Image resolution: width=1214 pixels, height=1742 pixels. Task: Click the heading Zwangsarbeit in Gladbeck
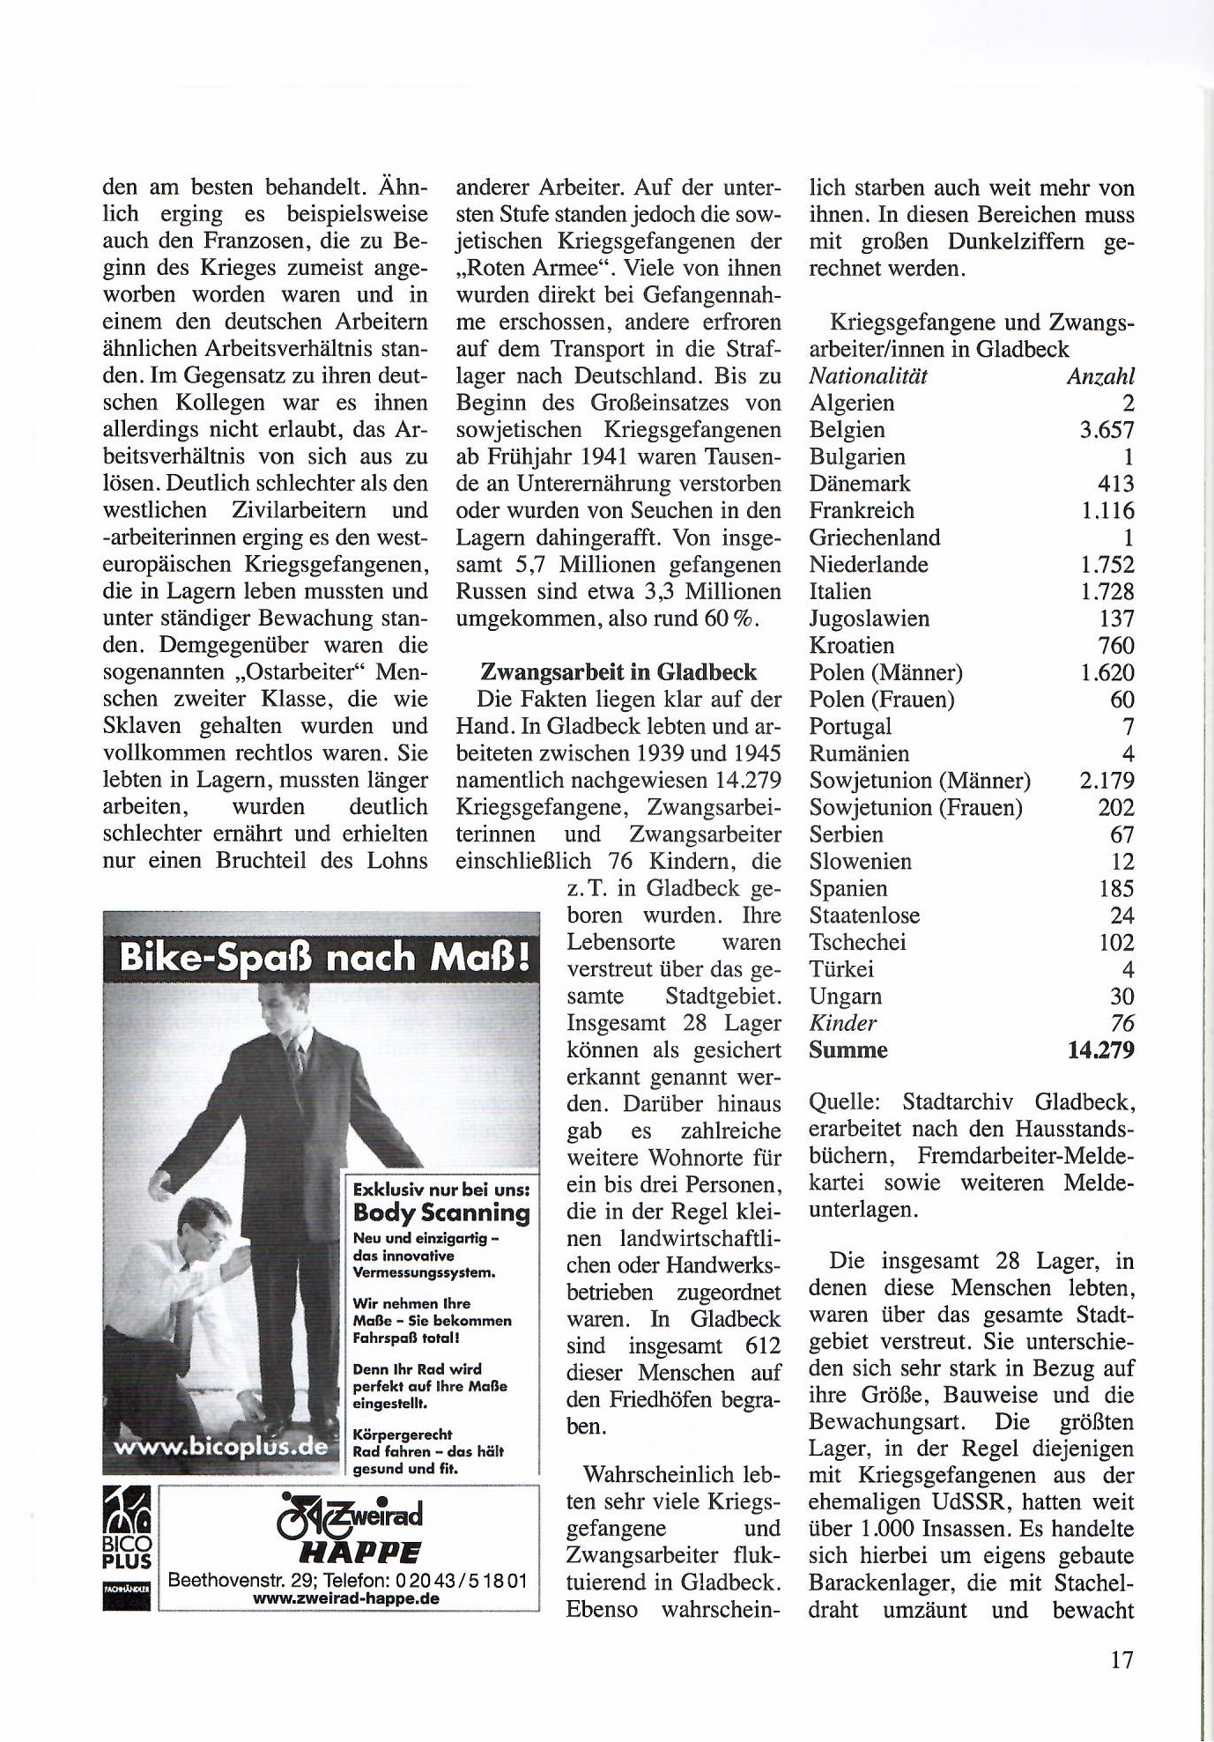pyautogui.click(x=618, y=672)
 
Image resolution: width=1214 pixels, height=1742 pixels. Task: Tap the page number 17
pyautogui.click(x=1121, y=1660)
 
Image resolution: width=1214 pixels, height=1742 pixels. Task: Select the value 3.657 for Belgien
pyautogui.click(x=1107, y=430)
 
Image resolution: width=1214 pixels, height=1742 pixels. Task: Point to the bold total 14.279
pyautogui.click(x=1099, y=1050)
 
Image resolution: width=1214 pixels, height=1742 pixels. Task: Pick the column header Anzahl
pyautogui.click(x=1100, y=376)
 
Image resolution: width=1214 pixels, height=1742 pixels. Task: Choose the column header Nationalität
pyautogui.click(x=869, y=376)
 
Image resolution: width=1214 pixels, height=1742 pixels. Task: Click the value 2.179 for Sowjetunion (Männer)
pyautogui.click(x=1107, y=781)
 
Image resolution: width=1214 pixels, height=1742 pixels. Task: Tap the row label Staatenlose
pyautogui.click(x=864, y=915)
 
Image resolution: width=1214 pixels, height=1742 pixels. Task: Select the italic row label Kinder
pyautogui.click(x=842, y=1023)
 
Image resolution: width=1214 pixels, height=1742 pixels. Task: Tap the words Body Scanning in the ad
pyautogui.click(x=441, y=1212)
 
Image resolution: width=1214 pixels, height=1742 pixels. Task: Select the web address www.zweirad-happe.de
pyautogui.click(x=346, y=1598)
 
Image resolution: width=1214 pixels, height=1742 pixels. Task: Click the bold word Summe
pyautogui.click(x=848, y=1050)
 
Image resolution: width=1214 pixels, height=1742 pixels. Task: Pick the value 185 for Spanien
pyautogui.click(x=1116, y=888)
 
